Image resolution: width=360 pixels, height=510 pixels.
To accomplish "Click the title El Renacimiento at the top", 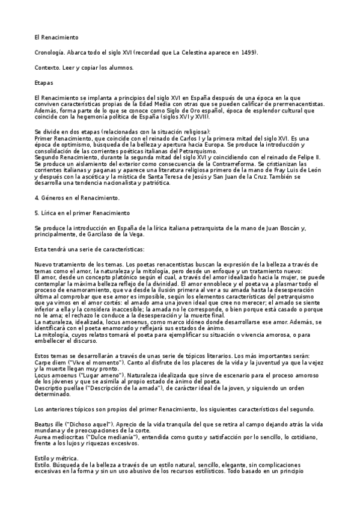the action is click(55, 37).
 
